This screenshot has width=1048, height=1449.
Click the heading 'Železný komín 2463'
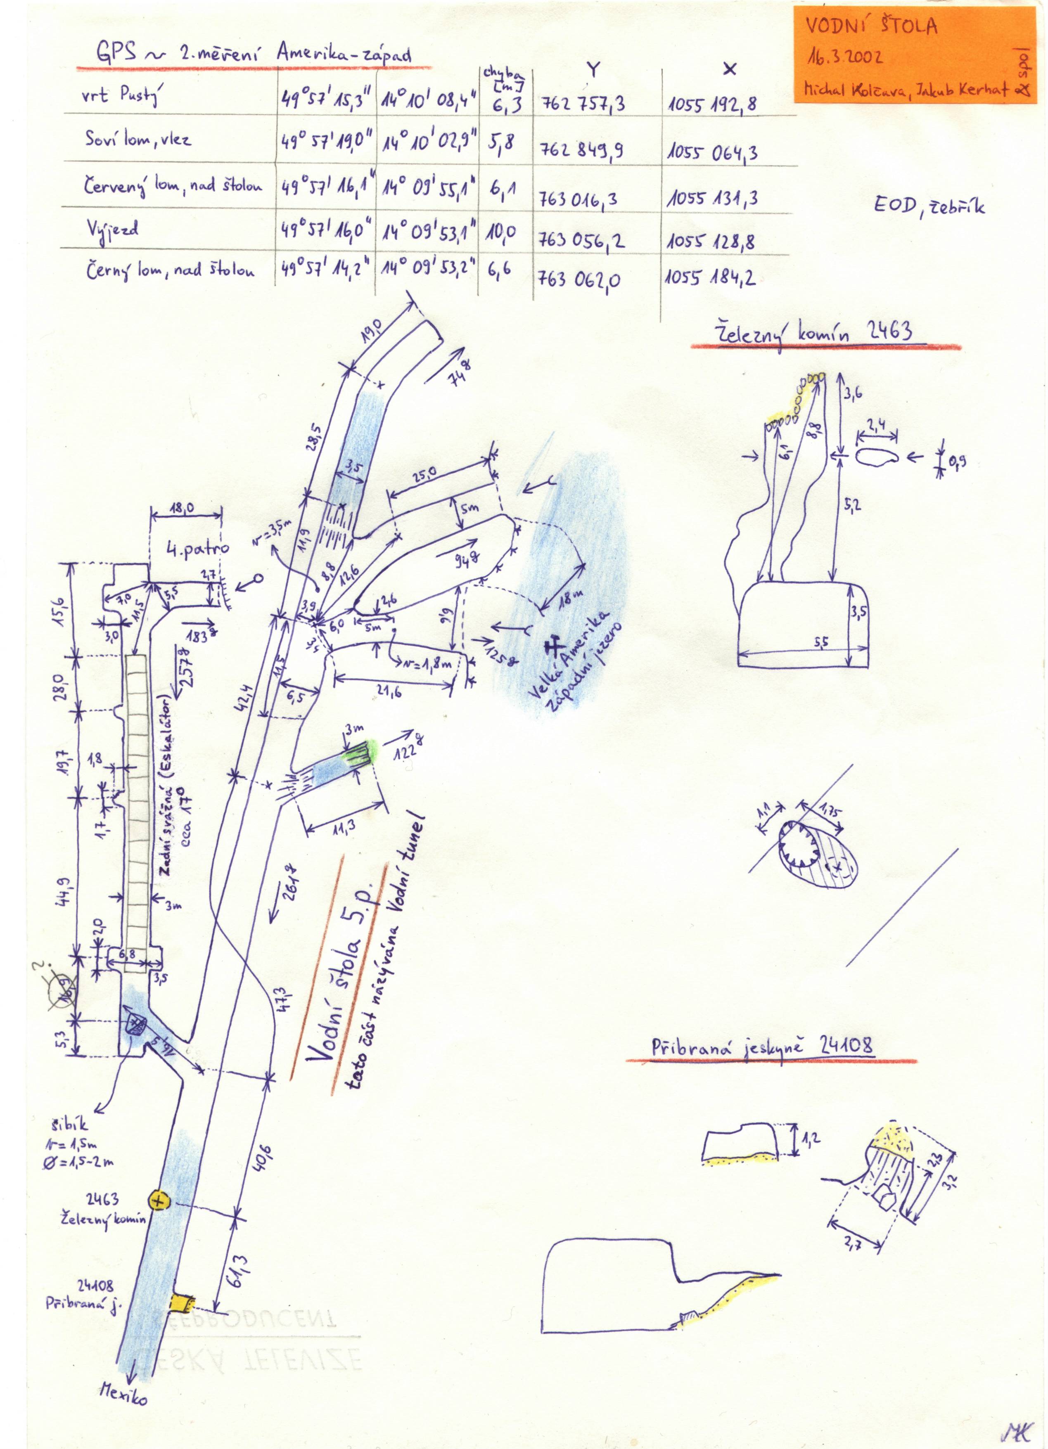[812, 333]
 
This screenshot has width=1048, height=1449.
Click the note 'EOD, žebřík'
[929, 207]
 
